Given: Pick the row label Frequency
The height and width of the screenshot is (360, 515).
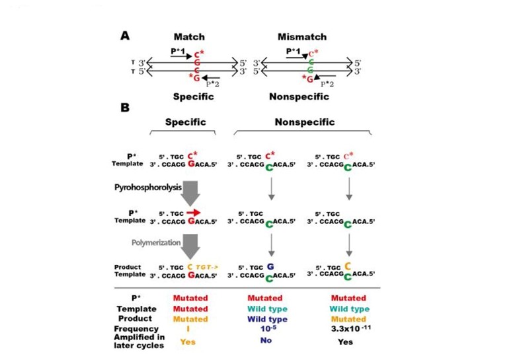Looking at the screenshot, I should (x=136, y=328).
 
